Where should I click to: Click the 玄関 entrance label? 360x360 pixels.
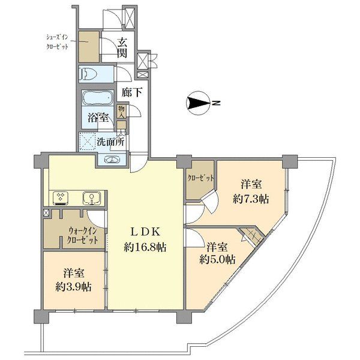122,48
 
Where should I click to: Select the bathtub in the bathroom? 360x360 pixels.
98,98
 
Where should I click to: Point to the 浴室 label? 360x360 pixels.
98,118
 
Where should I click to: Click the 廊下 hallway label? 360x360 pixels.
132,92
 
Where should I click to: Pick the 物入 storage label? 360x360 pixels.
121,112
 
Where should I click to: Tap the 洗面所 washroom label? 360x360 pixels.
110,142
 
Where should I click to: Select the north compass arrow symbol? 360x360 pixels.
199,103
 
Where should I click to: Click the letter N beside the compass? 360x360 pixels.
216,103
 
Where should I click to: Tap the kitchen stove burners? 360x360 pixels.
61,198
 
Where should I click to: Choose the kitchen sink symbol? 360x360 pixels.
92,198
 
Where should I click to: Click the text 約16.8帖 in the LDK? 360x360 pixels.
145,247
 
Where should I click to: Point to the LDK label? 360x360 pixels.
145,232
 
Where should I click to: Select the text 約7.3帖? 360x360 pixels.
251,199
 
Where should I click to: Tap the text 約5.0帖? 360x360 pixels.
217,260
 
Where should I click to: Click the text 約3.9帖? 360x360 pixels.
73,287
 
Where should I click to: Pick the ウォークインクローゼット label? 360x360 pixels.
83,235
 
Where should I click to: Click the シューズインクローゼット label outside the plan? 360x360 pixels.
57,42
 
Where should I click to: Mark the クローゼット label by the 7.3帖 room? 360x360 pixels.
200,178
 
